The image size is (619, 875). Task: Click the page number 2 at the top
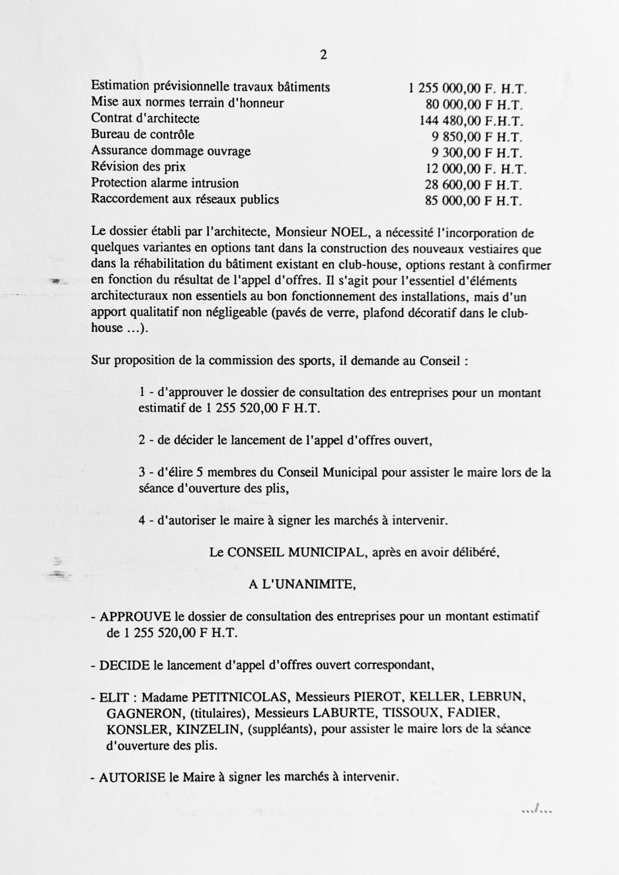click(x=323, y=55)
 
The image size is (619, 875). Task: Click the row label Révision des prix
click(x=138, y=167)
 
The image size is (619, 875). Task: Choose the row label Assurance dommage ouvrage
click(x=170, y=151)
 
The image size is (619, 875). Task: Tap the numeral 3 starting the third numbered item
click(x=142, y=473)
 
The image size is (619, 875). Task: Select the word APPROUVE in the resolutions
click(x=135, y=617)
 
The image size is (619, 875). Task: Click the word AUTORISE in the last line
click(x=132, y=778)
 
